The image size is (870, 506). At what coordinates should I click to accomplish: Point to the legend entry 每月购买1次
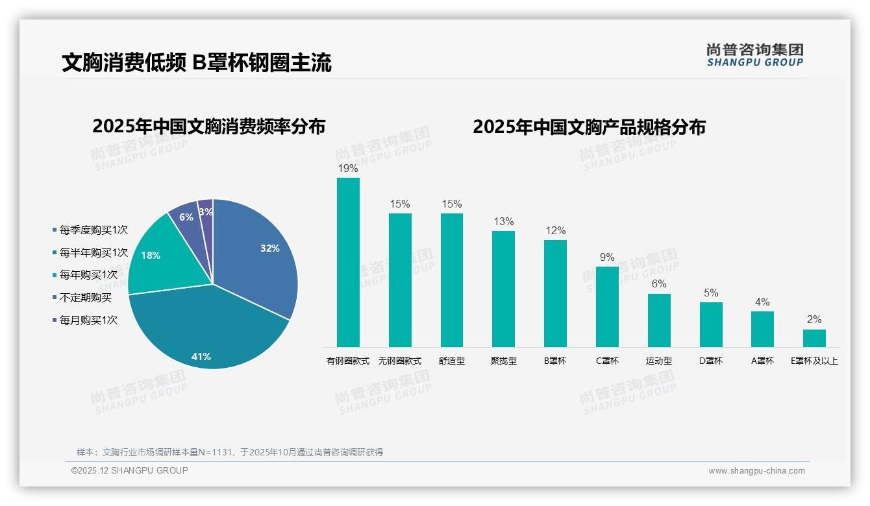pyautogui.click(x=88, y=320)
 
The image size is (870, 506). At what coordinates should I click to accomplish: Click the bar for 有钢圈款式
pyautogui.click(x=348, y=263)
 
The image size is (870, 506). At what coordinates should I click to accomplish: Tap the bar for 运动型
pyautogui.click(x=659, y=320)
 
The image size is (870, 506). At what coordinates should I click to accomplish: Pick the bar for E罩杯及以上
pyautogui.click(x=814, y=338)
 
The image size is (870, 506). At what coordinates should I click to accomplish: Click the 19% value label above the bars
pyautogui.click(x=348, y=169)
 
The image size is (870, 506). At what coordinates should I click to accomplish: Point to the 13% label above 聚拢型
pyautogui.click(x=503, y=222)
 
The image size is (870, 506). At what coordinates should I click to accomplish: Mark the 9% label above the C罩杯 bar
pyautogui.click(x=607, y=258)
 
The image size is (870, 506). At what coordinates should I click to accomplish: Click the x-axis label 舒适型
pyautogui.click(x=452, y=361)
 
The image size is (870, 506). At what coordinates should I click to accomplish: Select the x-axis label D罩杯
pyautogui.click(x=711, y=361)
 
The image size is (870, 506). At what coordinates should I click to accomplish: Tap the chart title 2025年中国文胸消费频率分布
pyautogui.click(x=208, y=126)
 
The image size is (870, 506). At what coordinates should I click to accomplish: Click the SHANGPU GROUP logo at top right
pyautogui.click(x=754, y=55)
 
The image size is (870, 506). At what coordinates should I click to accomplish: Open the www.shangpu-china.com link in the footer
pyautogui.click(x=756, y=471)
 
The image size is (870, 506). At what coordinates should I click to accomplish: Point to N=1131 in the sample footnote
pyautogui.click(x=214, y=452)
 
